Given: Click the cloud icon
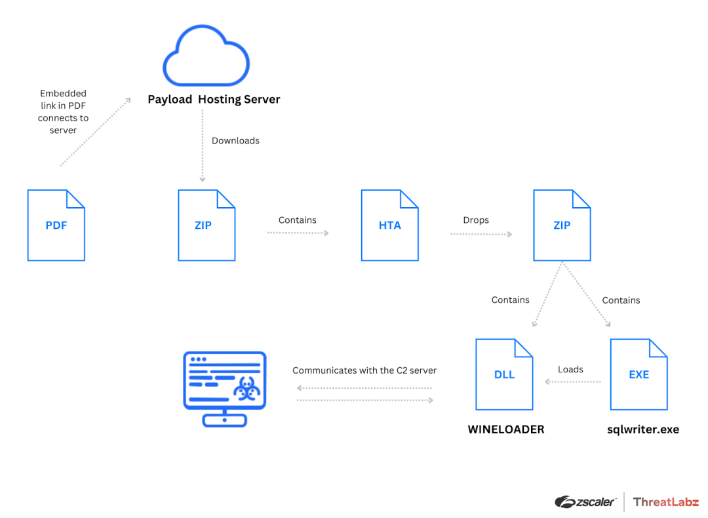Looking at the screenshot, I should (205, 57).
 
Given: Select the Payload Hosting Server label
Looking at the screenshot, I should (214, 100).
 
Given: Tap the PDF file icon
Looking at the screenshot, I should (56, 225).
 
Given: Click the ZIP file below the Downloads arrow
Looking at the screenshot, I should (206, 225).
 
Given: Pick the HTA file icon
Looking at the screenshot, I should (389, 225).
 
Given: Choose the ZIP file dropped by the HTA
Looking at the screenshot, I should (562, 225).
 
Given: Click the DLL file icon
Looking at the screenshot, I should (504, 374).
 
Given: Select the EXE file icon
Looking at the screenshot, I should (639, 374).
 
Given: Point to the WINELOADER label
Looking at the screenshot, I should (505, 430).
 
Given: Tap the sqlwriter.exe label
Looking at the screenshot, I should (642, 430).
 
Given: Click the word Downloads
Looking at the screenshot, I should (235, 141).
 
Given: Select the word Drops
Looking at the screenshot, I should (476, 220).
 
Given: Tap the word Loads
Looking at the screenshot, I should (570, 370).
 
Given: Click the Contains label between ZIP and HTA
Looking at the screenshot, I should (298, 220).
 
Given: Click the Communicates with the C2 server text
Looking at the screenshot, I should (364, 370).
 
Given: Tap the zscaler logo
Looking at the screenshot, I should (585, 502).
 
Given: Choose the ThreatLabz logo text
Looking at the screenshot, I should (665, 502).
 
